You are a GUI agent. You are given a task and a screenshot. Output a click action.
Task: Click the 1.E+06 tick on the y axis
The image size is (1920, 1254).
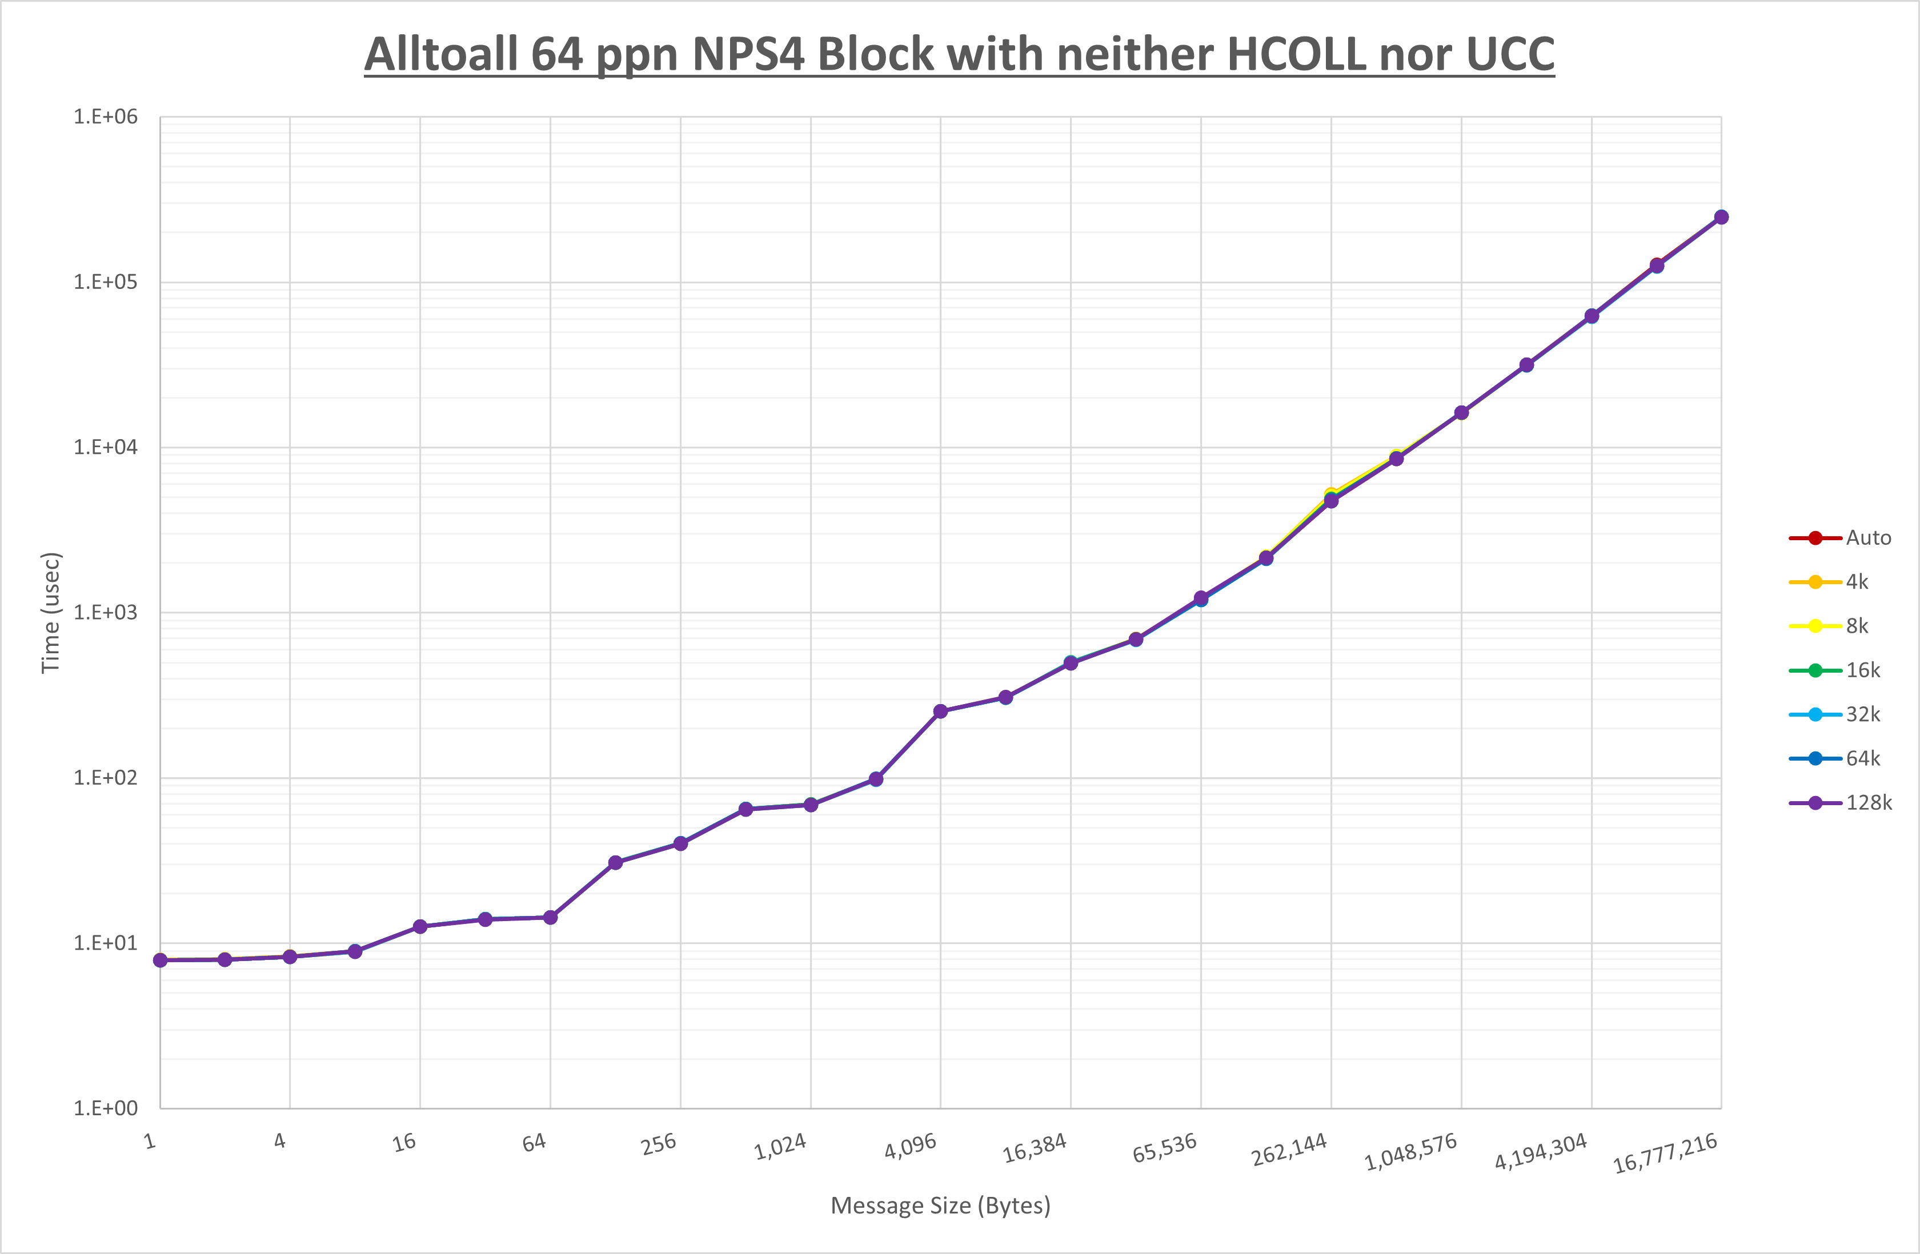tap(106, 117)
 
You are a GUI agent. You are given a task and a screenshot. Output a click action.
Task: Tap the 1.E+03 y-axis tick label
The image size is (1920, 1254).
tap(106, 612)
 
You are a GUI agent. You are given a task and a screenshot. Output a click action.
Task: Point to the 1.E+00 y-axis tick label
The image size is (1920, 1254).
tap(106, 1108)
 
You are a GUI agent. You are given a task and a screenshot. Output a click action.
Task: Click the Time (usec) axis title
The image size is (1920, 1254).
tap(51, 612)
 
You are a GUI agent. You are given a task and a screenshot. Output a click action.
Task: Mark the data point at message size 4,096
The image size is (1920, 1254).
tap(941, 712)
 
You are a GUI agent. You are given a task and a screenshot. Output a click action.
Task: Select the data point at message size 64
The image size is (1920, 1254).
tap(550, 918)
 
